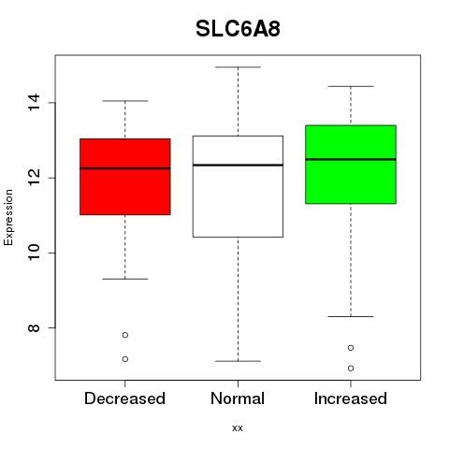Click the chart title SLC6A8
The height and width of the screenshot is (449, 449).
tap(238, 29)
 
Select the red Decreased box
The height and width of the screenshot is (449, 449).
tap(125, 177)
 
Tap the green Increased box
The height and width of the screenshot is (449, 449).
tap(351, 165)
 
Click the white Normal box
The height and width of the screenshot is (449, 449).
tap(238, 186)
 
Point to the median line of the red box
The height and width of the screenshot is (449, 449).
tap(125, 168)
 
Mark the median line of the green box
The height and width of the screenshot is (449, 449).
tap(351, 159)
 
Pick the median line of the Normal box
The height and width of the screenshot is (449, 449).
tap(238, 165)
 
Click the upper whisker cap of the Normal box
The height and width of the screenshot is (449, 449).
tap(238, 67)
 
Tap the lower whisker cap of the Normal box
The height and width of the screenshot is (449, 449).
tap(238, 361)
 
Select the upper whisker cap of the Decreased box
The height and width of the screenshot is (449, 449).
tap(125, 101)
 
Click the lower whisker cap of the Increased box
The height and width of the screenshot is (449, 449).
tap(351, 316)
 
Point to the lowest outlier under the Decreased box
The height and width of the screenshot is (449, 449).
tap(125, 359)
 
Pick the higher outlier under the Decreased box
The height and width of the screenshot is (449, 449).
tap(125, 335)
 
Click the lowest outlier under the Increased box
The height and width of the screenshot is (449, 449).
tap(351, 369)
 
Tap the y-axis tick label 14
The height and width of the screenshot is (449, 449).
tap(34, 103)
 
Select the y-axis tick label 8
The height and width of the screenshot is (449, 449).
tap(34, 328)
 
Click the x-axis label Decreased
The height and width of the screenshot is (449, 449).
tap(124, 398)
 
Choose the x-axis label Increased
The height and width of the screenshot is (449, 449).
tap(351, 398)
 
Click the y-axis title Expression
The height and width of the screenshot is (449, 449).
tap(8, 218)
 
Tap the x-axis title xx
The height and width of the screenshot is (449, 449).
tap(238, 428)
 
